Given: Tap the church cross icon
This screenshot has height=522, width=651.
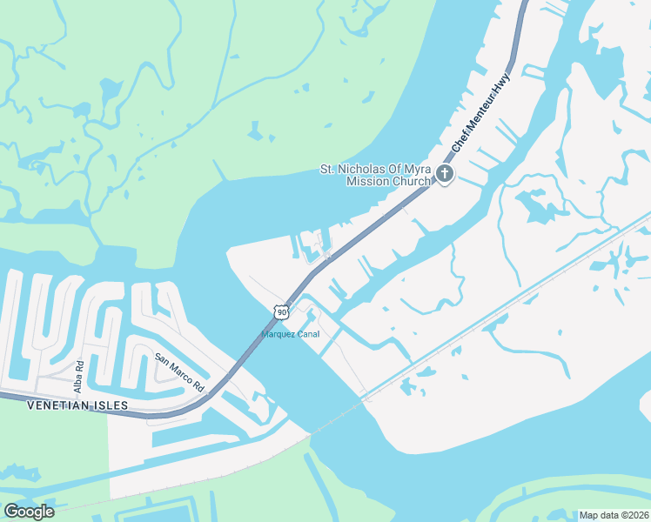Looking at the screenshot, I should (444, 174).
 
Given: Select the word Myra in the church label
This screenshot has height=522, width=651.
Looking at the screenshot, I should (417, 170).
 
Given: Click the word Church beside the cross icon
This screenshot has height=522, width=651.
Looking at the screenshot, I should (411, 182).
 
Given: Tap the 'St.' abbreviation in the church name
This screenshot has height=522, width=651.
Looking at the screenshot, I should (328, 170).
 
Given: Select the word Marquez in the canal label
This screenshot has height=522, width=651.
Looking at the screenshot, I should (278, 334).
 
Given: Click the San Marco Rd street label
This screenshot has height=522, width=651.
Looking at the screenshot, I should (178, 371).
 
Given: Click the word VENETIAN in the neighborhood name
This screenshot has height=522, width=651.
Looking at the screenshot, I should (57, 405).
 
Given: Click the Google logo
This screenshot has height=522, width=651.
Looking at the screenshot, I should (28, 511).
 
